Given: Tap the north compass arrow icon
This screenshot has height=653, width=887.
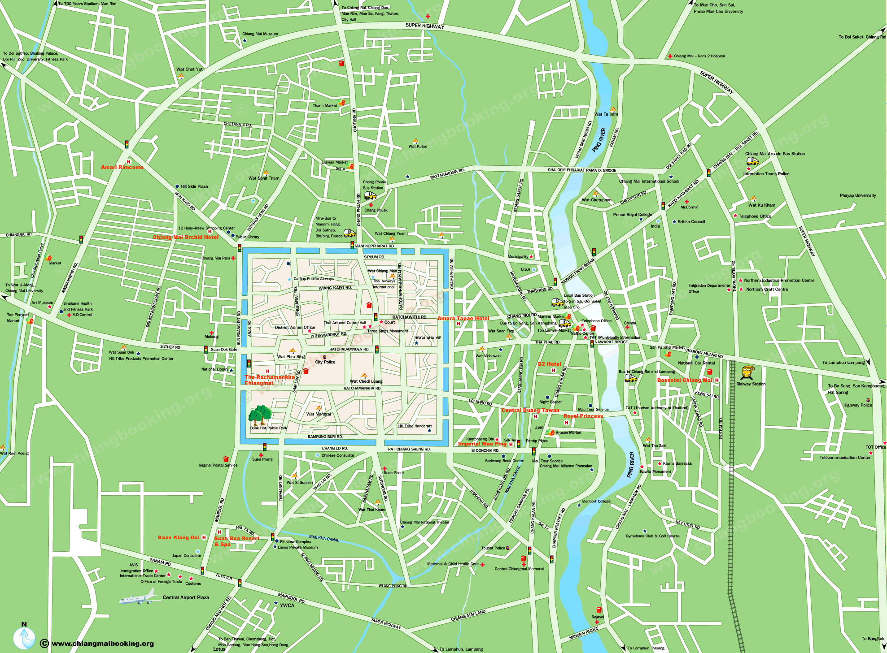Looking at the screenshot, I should coord(24,637).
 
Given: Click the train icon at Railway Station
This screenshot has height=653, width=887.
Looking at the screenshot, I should coord(747,372).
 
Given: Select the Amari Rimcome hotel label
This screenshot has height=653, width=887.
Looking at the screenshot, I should coord(122,167).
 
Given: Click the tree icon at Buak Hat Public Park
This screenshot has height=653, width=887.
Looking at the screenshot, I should coord(260,415).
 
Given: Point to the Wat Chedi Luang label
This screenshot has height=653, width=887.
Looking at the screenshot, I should coord(366,381).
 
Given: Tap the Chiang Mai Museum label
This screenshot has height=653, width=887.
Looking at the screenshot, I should coord(260,34).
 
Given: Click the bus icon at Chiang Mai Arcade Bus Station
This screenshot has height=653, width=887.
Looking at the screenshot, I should coord(752,161).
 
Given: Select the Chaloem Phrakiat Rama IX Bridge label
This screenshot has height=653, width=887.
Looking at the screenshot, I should coord(582,170).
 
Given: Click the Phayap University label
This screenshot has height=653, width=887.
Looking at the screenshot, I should coord(858,195).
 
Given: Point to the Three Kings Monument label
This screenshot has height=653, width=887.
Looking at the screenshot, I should coord(388,331).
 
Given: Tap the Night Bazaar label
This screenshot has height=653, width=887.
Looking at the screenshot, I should coord(551,402).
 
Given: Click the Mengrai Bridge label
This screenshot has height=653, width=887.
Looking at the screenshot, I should coord(584,633).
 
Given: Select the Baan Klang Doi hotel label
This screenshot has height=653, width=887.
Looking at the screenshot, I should coord(179,537).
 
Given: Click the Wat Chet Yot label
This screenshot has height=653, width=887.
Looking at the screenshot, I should coord(189,69).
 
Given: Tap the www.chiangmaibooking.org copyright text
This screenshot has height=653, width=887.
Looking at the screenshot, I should coord(103,644).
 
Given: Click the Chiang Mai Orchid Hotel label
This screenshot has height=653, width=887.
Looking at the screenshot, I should coord(186,237).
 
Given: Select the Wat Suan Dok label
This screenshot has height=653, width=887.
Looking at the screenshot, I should coord(122,352).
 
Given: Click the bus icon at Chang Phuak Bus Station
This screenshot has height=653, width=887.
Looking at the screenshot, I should coord(370,195).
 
